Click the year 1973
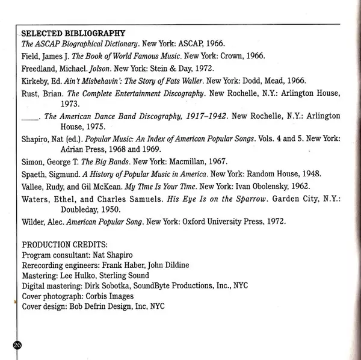coord(71,104)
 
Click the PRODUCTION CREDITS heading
coord(64,244)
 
